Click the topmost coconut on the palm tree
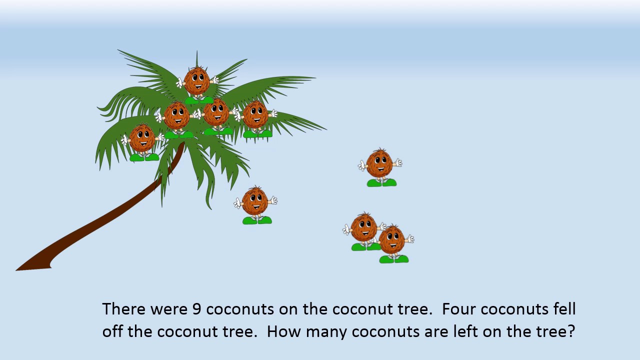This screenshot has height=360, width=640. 197,81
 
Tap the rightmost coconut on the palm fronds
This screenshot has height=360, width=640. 256,115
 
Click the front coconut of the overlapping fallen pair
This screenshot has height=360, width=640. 392,240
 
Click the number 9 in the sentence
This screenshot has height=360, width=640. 197,309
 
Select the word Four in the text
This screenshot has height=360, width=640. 459,309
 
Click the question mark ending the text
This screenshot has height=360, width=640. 570,331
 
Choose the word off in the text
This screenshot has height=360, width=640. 113,331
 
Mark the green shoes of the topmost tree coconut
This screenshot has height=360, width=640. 199,100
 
